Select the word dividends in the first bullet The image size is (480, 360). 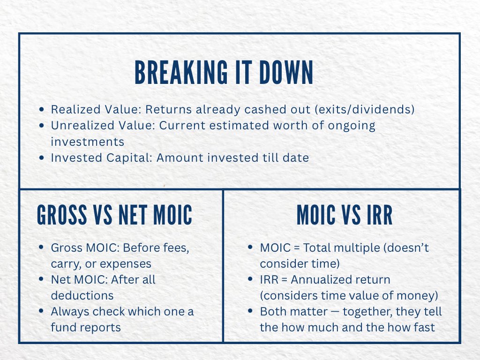tap(384, 109)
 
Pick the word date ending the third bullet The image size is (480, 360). tap(295, 158)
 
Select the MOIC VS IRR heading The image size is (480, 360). tap(345, 215)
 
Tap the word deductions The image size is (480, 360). tap(82, 295)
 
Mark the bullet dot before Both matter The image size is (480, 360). tap(252, 312)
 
